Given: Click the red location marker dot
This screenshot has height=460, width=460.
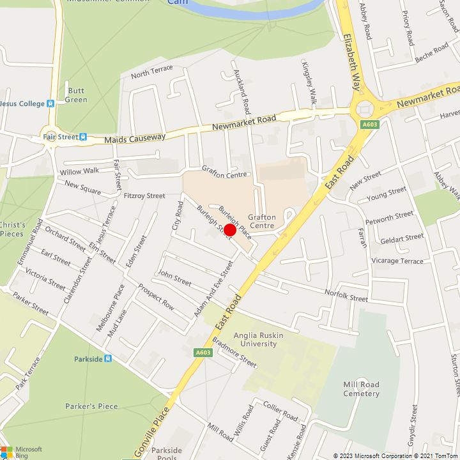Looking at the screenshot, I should pos(230,231).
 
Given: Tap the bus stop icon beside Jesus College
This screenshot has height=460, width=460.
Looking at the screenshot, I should pos(50,103).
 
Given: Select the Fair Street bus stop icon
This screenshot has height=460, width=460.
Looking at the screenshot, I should pos(83,136).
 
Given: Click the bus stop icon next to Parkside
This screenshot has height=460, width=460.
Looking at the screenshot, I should pos(108,359).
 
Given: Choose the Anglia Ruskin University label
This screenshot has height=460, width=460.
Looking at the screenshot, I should pos(246,339).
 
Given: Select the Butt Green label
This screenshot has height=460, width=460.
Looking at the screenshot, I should pos(77,95).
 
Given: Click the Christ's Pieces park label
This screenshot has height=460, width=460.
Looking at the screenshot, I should pos(13,229).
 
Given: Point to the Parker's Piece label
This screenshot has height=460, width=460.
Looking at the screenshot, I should pos(91,406).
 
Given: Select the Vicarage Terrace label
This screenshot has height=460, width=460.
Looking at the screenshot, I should pos(398,261).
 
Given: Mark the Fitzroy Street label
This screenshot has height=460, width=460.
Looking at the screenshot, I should pos(144,195).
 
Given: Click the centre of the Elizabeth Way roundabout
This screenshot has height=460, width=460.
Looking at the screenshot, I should pos(365,109).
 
